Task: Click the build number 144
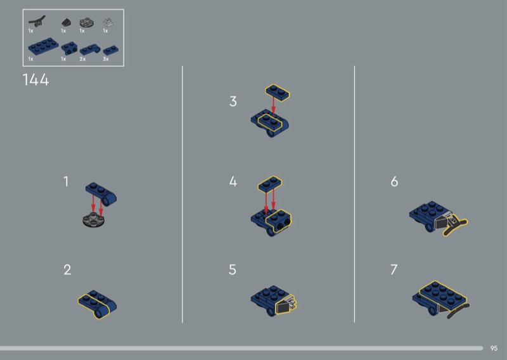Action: click(x=35, y=80)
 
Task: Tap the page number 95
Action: click(x=494, y=349)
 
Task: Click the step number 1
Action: click(x=66, y=181)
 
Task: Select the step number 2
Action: click(x=67, y=270)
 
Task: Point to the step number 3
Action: click(x=233, y=101)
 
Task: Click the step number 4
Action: click(x=233, y=181)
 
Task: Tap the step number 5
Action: click(x=233, y=270)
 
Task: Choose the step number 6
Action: click(x=394, y=181)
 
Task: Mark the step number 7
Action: click(x=394, y=270)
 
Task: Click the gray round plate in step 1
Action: click(x=93, y=220)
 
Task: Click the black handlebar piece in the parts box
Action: click(x=37, y=22)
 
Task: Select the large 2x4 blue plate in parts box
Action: click(x=43, y=46)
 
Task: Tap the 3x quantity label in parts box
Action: click(x=106, y=59)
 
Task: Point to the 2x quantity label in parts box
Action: click(x=82, y=59)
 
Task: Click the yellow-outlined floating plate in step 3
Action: click(x=278, y=93)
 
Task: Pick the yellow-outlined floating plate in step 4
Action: click(x=270, y=184)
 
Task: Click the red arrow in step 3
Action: click(x=274, y=106)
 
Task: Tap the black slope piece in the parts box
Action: click(x=66, y=23)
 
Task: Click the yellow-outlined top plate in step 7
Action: click(x=444, y=293)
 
